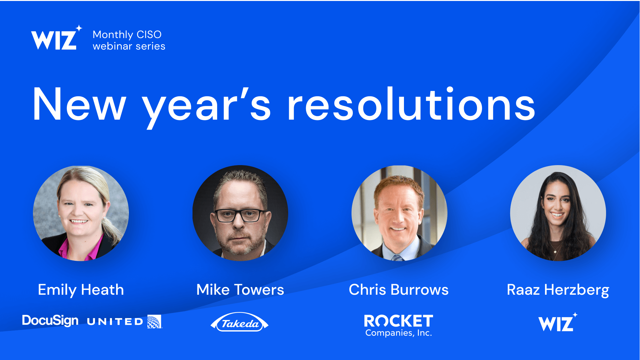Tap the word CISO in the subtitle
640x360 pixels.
(149, 35)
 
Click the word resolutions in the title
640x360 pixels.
(411, 104)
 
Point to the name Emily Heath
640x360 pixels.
(81, 290)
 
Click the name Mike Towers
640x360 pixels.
(240, 290)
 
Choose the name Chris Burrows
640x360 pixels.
(399, 290)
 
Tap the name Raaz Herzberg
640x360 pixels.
(558, 290)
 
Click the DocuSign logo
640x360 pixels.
(50, 321)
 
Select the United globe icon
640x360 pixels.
(154, 322)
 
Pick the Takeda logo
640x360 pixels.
(240, 322)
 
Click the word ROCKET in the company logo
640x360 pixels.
(399, 321)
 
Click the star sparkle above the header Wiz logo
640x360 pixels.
(79, 28)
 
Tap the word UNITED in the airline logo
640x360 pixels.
(115, 322)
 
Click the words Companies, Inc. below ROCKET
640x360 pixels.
(399, 333)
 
